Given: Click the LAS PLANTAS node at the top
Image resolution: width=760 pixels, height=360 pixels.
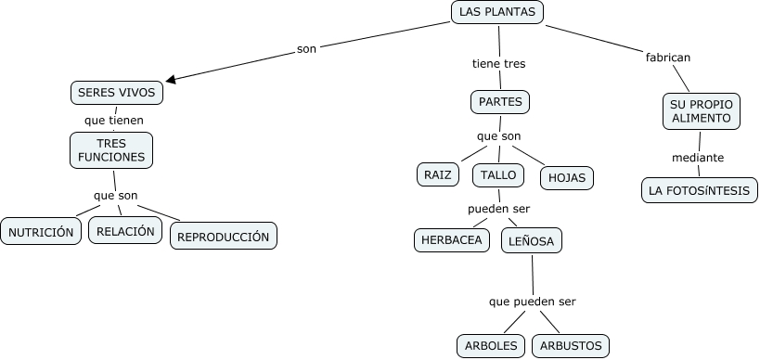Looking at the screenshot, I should (x=497, y=12).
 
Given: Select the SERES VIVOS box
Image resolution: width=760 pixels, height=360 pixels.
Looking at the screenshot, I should (x=117, y=93).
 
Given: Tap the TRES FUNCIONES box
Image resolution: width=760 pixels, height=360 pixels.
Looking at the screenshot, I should (x=111, y=150).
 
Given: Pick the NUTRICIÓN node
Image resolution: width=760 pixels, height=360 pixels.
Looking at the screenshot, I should (x=41, y=232).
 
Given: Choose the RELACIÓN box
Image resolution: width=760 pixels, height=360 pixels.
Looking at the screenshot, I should (x=125, y=231).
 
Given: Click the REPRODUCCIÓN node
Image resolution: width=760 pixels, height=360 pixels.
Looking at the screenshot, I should (x=224, y=237).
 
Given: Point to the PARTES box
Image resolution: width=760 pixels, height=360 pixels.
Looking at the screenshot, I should (x=501, y=101).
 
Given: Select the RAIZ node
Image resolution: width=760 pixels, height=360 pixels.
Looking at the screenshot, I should (x=437, y=174).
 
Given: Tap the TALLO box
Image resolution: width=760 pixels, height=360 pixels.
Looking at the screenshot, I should (x=499, y=174).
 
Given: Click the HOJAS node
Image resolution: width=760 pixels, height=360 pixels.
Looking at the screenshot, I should (x=566, y=177).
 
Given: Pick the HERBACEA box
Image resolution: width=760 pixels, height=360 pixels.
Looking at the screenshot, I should (x=452, y=239).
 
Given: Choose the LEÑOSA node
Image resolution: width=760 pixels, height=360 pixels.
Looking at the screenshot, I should (x=532, y=241).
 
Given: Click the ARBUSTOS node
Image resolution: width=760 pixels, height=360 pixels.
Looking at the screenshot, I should (x=570, y=346).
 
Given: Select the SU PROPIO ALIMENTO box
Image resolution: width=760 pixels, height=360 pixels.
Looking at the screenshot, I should (x=702, y=111).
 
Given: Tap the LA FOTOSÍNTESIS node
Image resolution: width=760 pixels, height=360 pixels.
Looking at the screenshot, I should (x=700, y=190).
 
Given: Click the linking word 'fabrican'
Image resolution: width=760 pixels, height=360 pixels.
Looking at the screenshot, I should (x=667, y=58).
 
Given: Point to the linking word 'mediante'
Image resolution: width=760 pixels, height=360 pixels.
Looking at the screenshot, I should (x=698, y=158).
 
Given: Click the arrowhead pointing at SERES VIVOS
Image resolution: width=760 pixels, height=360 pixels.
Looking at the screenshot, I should (x=172, y=80).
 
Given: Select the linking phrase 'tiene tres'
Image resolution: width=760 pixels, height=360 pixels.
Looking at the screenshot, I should (x=498, y=64).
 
